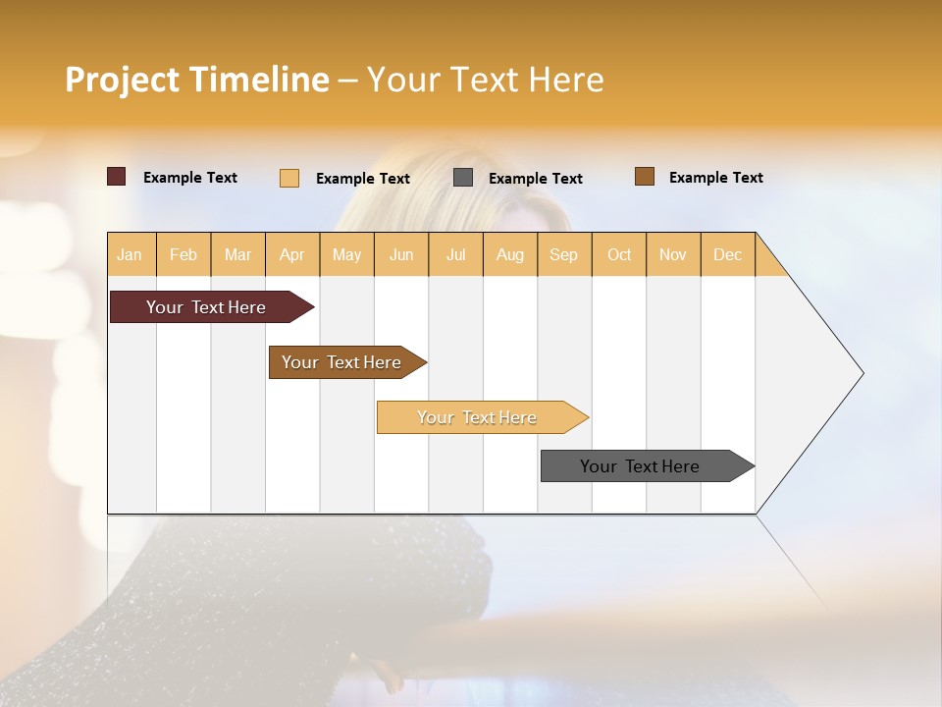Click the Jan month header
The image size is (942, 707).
click(130, 254)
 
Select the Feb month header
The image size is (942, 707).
click(183, 254)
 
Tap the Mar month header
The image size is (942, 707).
click(237, 254)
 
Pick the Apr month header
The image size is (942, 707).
click(292, 254)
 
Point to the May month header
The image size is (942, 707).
click(346, 254)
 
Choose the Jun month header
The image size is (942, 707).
click(401, 254)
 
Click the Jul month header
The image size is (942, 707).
click(455, 254)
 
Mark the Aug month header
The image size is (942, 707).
click(510, 254)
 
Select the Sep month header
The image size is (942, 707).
click(564, 254)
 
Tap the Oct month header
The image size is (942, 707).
click(619, 254)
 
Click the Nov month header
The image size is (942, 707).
click(673, 254)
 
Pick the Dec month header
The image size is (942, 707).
click(728, 254)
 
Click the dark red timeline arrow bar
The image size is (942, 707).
click(207, 307)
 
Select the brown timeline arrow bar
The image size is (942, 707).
click(342, 362)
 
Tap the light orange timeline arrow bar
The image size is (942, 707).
click(478, 417)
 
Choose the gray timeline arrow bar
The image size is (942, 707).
click(641, 466)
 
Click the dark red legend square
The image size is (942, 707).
click(117, 177)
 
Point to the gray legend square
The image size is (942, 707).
click(463, 178)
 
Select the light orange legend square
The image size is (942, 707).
click(289, 178)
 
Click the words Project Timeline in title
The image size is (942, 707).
click(197, 80)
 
